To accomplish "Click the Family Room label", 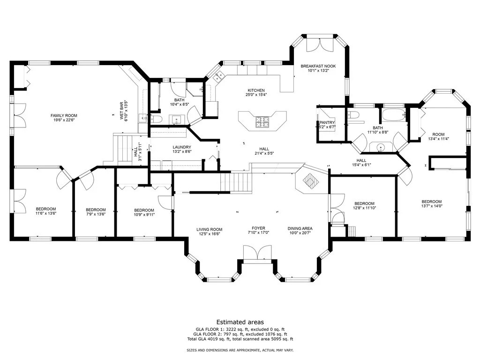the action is [64, 115].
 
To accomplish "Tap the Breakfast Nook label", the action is [318, 66].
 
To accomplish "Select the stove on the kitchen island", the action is [262, 121].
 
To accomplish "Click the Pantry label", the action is [327, 122].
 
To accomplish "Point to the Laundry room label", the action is [182, 147].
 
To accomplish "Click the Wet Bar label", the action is [121, 111].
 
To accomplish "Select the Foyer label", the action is [258, 228].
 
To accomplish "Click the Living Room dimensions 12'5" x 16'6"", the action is [210, 234].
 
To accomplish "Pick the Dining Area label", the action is [300, 228].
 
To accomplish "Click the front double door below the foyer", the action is [257, 253].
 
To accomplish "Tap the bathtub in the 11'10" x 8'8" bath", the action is [394, 115].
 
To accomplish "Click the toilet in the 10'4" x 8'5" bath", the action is [156, 119].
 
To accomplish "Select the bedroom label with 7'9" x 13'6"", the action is [96, 210].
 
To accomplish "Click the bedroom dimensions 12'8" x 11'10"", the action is [364, 208].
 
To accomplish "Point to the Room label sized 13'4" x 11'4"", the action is [438, 135].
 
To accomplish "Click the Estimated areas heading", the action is [240, 322].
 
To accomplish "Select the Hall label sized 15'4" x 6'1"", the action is [361, 160].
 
